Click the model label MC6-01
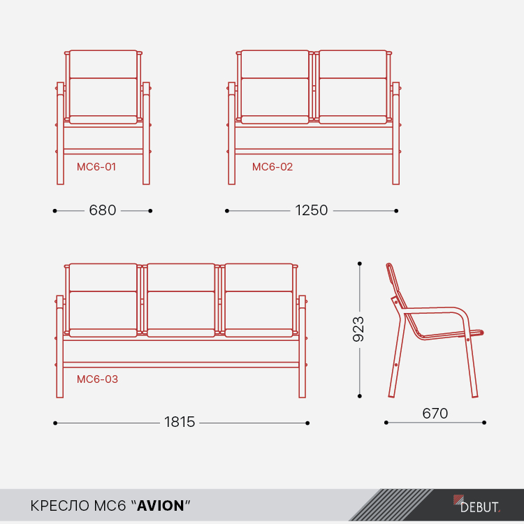coord(96,167)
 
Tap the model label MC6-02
coord(272,167)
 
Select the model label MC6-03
coord(97,379)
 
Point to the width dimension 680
coord(103,210)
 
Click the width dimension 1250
coord(311,210)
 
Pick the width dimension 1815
coord(180,422)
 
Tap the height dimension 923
coord(358,329)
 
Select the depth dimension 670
coord(435,414)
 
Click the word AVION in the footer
coord(161,506)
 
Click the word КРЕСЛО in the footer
coord(60,506)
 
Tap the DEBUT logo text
coord(479,507)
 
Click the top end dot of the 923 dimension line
coord(360,263)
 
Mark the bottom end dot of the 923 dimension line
coord(360,396)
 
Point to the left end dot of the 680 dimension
coord(54,211)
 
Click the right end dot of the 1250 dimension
coord(396,211)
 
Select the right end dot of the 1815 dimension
coord(307,423)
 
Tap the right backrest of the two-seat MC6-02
coord(354,84)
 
